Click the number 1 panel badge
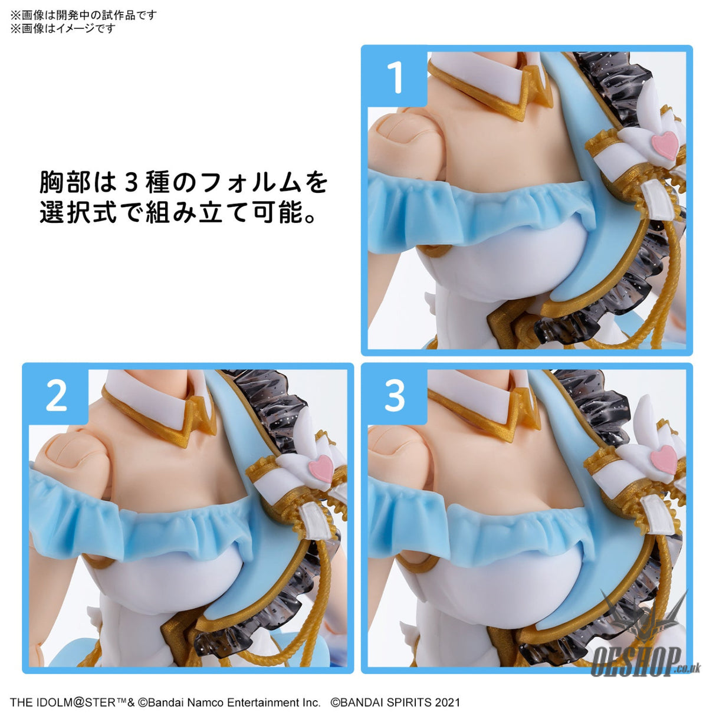[x=395, y=77]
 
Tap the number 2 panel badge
[x=57, y=396]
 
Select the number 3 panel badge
[x=395, y=395]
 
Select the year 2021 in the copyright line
[x=448, y=702]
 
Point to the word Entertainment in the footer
[x=264, y=702]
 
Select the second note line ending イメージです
[x=63, y=28]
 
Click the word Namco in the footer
[x=205, y=702]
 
